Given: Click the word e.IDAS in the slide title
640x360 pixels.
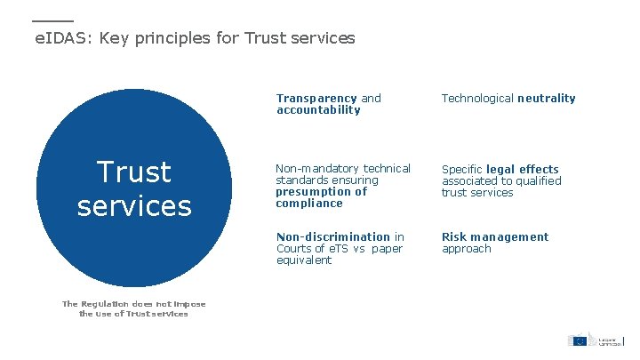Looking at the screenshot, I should click(x=63, y=38).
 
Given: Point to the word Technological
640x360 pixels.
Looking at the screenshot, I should click(x=478, y=99).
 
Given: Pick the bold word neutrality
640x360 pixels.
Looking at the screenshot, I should click(x=547, y=99).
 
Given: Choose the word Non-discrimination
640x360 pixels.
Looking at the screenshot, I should click(x=333, y=237).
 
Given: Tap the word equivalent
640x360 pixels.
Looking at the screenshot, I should click(x=304, y=260).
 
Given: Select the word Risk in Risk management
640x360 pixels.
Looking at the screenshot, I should click(x=455, y=237).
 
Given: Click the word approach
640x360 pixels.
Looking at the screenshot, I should click(x=467, y=249).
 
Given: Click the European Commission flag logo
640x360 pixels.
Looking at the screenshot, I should click(x=579, y=340).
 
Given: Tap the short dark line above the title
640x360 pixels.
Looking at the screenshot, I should click(x=52, y=20).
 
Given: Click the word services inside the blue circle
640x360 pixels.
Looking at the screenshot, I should click(x=134, y=206).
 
